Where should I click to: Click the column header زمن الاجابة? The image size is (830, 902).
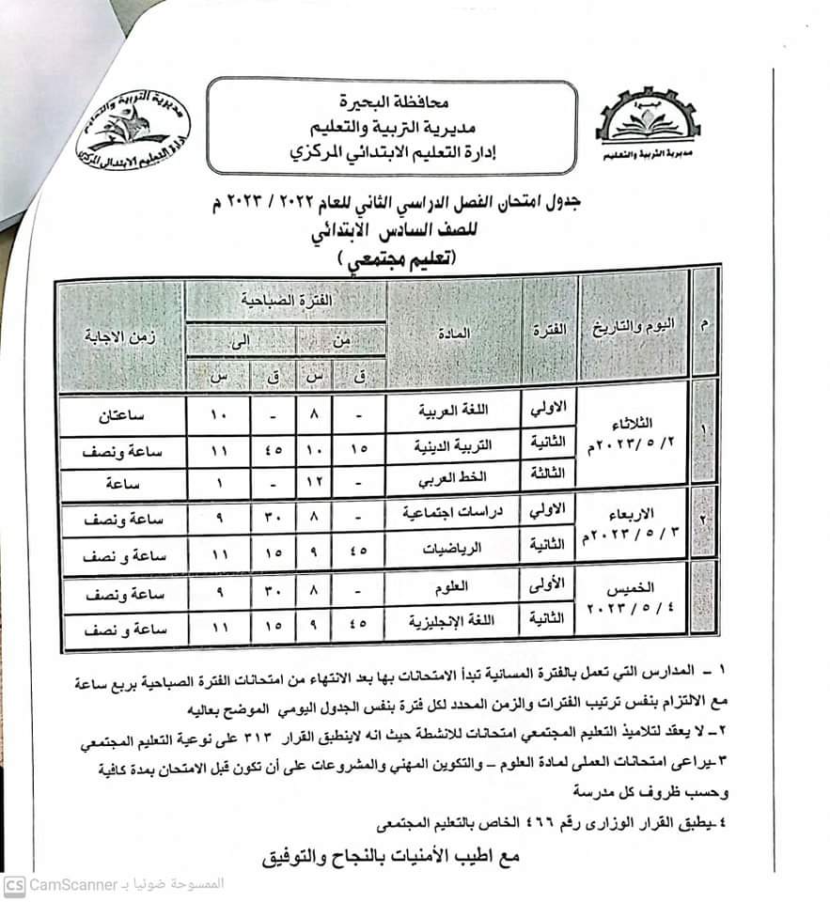tap(120, 335)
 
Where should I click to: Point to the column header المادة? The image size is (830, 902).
tap(453, 335)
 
